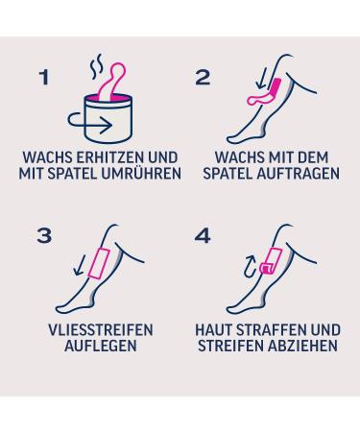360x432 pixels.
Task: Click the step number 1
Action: (x=44, y=78)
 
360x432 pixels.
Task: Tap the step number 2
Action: (x=203, y=78)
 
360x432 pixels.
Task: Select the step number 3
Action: (x=44, y=236)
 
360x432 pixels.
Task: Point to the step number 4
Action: (x=203, y=236)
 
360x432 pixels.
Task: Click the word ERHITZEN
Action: (x=110, y=157)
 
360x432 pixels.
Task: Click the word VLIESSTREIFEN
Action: (x=101, y=330)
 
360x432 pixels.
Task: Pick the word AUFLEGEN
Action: (x=101, y=346)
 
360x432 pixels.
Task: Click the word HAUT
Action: (x=214, y=330)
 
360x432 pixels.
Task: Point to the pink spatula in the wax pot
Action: (x=111, y=82)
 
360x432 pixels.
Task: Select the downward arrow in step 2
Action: (x=262, y=80)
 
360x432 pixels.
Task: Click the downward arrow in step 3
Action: (x=79, y=265)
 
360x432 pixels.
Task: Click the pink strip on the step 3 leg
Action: (x=99, y=262)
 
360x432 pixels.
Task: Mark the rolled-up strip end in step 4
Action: (x=266, y=268)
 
